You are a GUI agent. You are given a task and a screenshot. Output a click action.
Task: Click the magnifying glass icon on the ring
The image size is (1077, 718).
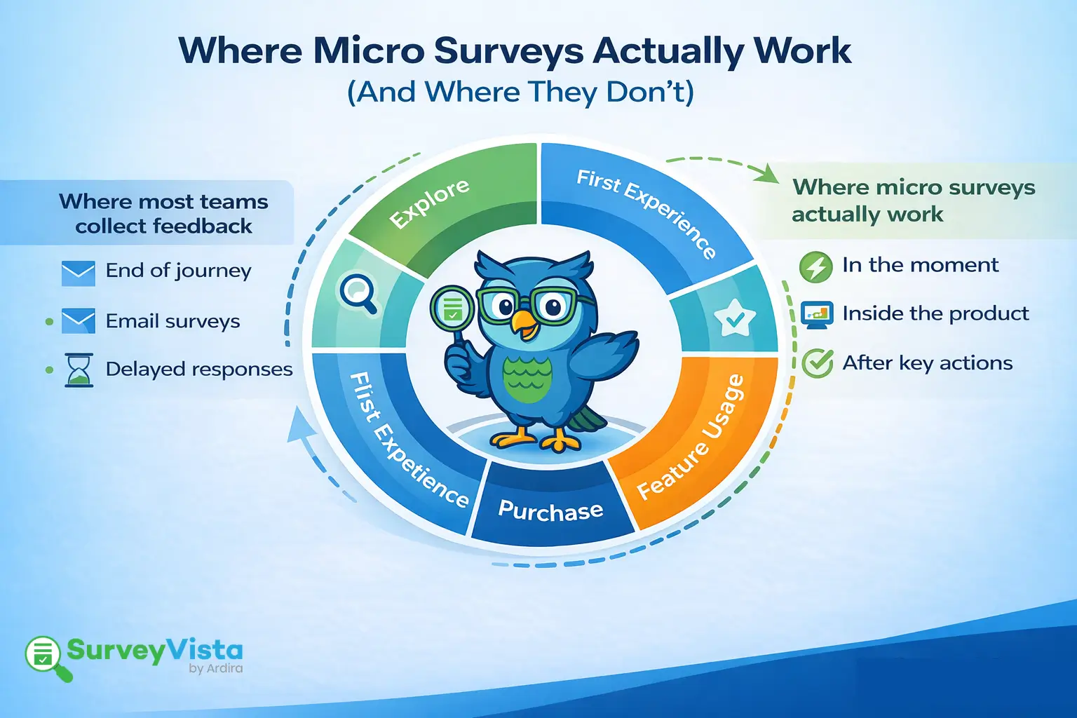point(358,292)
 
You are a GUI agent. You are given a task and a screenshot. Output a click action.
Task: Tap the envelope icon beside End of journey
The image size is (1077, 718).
point(78,273)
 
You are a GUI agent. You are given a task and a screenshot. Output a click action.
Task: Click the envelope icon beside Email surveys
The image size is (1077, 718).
point(78,321)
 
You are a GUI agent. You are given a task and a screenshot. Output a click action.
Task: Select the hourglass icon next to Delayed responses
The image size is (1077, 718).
point(79,370)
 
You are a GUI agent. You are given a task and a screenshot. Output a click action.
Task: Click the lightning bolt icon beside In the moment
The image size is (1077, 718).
point(816,267)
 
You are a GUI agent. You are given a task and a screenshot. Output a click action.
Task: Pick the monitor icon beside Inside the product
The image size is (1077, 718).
point(817,315)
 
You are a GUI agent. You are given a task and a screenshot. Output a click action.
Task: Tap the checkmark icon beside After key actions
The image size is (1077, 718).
point(817,364)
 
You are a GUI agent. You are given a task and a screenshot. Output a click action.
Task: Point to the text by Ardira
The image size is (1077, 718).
point(215,668)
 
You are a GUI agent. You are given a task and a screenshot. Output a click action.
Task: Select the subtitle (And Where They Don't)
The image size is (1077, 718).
point(520,92)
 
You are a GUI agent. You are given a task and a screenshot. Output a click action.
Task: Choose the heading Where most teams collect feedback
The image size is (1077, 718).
point(163,213)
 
